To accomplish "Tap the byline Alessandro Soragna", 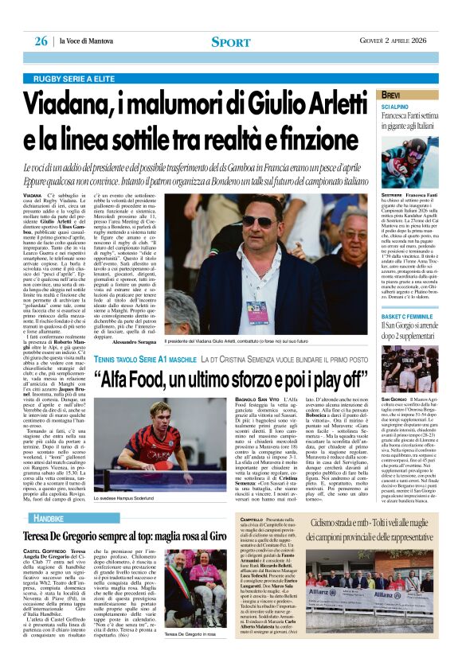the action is (137, 341).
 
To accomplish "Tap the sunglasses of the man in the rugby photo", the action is (256, 220).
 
